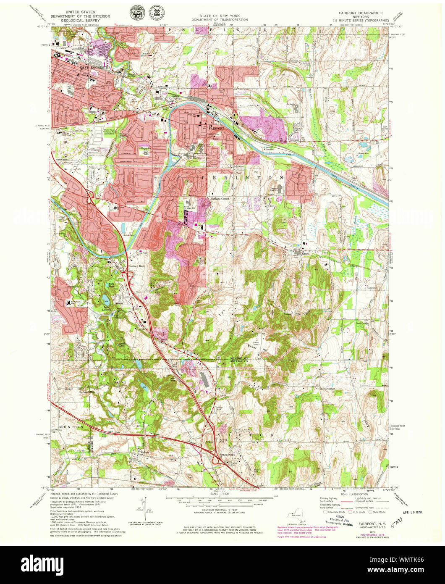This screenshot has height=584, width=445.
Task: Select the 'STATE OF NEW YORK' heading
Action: click(x=220, y=15)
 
